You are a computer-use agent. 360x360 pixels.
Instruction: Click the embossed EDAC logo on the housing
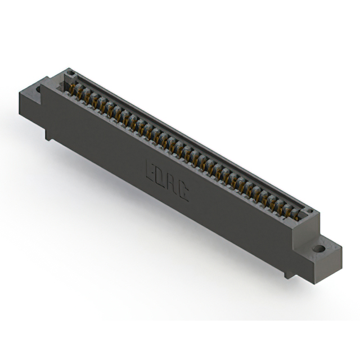[168, 181]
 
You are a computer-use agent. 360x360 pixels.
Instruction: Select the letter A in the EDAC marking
[172, 184]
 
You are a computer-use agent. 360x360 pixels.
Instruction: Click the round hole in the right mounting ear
[319, 249]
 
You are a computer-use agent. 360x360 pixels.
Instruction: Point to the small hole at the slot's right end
[310, 211]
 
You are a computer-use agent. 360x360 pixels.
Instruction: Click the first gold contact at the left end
[72, 89]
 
